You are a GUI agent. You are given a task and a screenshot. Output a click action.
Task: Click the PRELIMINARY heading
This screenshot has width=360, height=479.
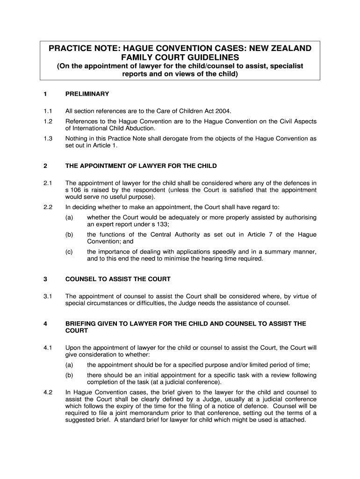point(87,94)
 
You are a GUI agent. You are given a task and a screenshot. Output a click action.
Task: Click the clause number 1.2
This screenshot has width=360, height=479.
point(47,122)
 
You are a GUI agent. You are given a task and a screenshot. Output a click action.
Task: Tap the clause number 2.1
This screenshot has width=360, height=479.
point(47,183)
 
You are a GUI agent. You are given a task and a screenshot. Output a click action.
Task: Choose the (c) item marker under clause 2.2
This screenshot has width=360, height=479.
point(69,252)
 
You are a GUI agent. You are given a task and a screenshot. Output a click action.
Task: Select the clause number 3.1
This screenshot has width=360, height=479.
point(47,296)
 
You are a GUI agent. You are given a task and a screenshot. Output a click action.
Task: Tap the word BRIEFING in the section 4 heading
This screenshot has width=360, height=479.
point(80,323)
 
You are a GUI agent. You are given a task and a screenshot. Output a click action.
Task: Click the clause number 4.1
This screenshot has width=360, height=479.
point(47,348)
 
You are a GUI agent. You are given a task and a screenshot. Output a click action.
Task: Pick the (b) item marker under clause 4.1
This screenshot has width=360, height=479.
point(69,375)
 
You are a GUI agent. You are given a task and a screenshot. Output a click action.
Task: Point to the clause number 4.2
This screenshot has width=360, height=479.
point(47,392)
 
